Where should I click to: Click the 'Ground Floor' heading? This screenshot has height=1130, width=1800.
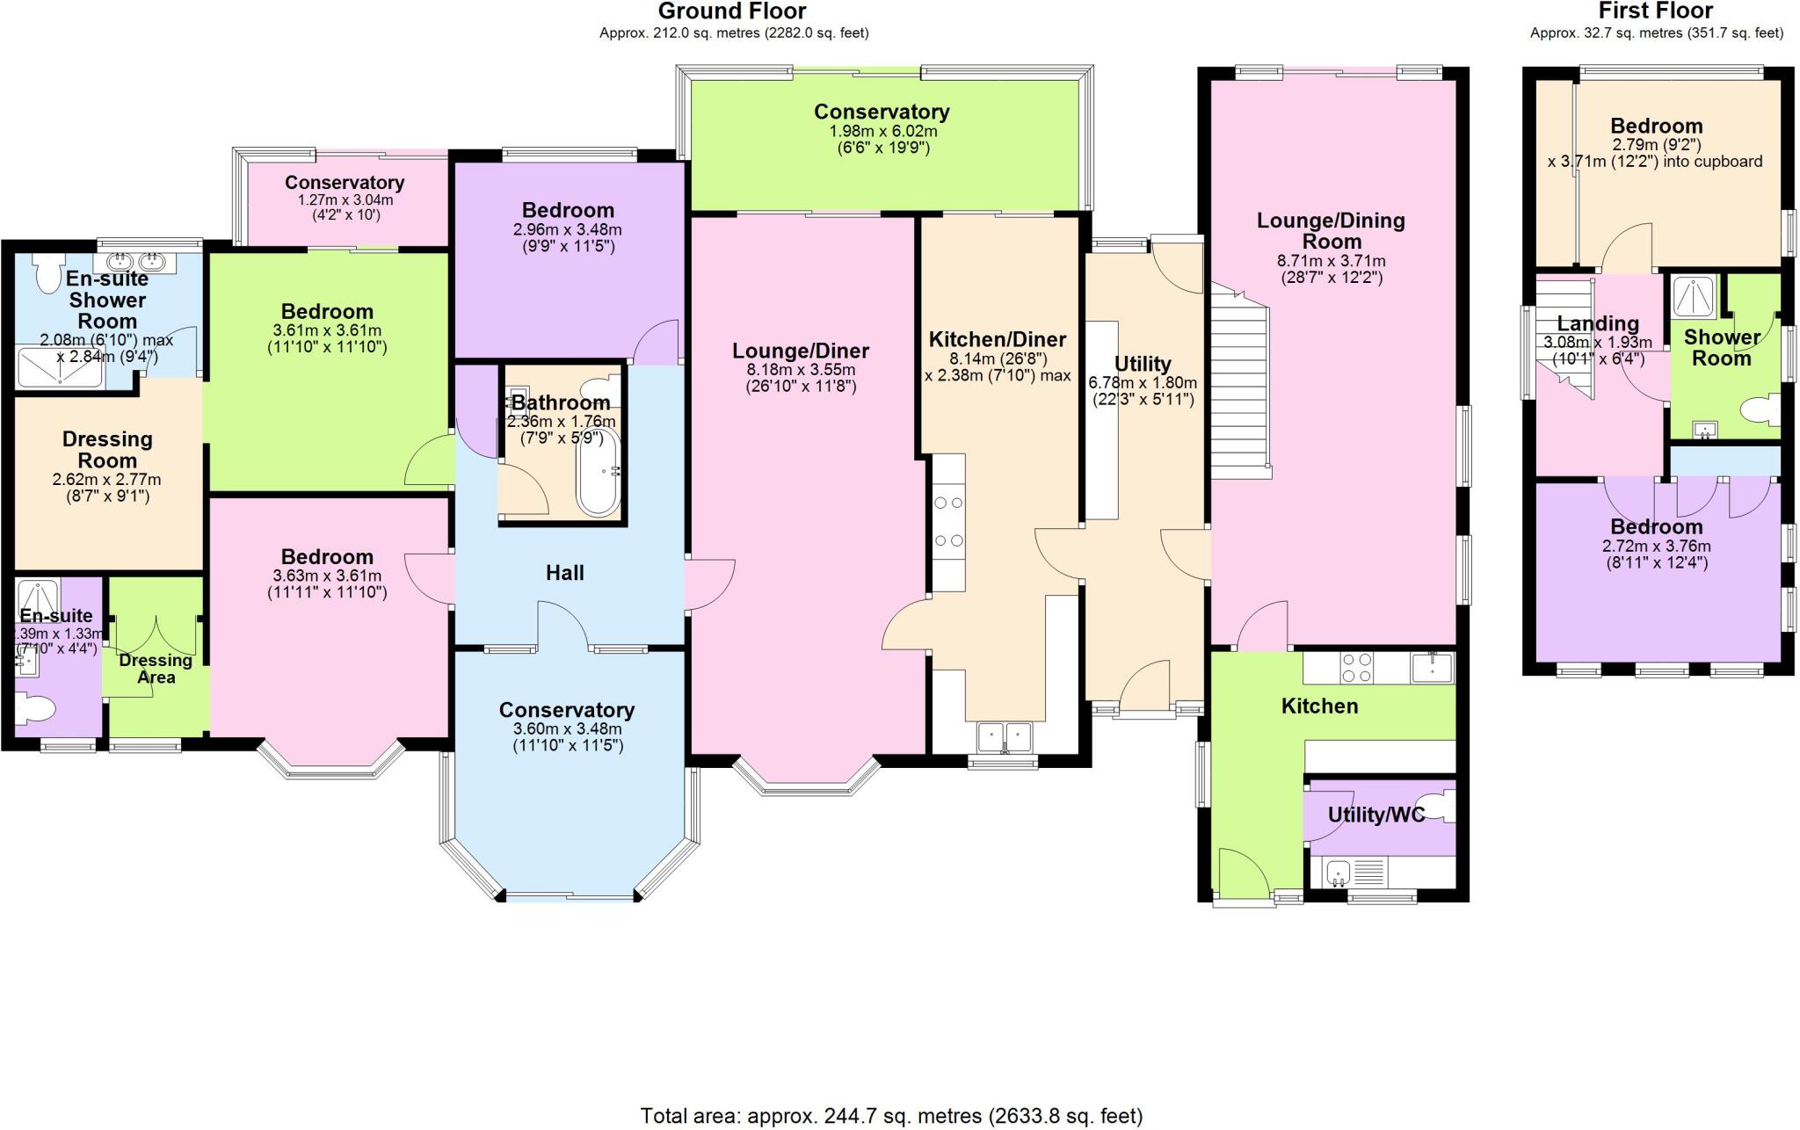[x=732, y=11]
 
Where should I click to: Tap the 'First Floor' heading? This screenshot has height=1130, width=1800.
[x=1656, y=11]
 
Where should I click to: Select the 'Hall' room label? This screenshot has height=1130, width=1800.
[x=564, y=573]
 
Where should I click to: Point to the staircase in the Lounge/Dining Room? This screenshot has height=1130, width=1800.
[x=1240, y=380]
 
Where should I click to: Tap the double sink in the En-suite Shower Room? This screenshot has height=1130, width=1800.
[x=136, y=260]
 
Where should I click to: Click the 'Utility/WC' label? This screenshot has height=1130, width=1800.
[x=1375, y=815]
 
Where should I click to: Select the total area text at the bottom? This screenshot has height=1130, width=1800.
[x=891, y=1116]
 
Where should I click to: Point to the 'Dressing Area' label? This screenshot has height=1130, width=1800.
[x=156, y=669]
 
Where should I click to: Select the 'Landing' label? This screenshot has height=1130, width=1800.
[x=1598, y=323]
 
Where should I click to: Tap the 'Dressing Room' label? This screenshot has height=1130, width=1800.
[x=107, y=449]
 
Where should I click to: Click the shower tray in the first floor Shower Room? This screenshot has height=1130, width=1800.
[x=1694, y=297]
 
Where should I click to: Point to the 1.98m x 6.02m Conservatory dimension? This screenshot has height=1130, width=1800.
[x=882, y=131]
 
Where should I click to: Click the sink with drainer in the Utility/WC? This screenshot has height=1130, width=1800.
[x=1354, y=872]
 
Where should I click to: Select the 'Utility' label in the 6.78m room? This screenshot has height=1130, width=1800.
[x=1143, y=363]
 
